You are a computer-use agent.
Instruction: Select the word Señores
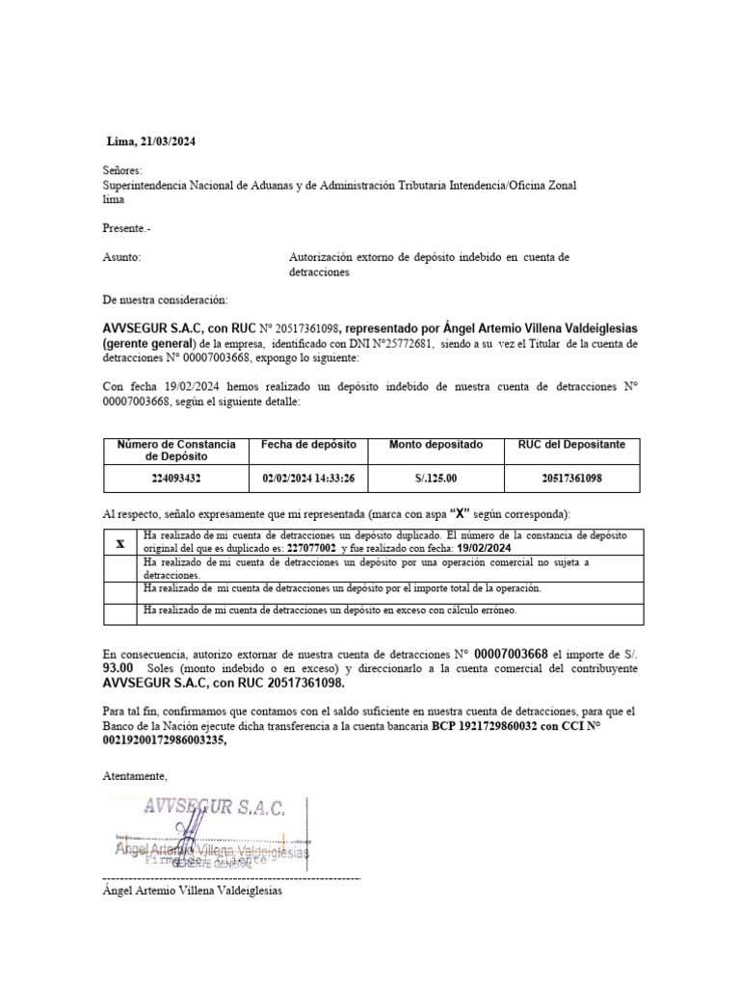(x=121, y=170)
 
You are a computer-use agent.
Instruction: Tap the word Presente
(x=125, y=228)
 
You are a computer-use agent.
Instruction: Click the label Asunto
(x=121, y=258)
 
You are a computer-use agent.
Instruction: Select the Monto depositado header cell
(x=436, y=445)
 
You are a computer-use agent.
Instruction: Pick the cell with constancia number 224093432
(x=176, y=477)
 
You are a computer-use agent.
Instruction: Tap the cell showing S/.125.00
(x=436, y=477)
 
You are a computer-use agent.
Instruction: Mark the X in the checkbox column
(x=120, y=542)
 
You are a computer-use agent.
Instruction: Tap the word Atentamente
(x=135, y=776)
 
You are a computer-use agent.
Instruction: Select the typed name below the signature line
(x=193, y=891)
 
